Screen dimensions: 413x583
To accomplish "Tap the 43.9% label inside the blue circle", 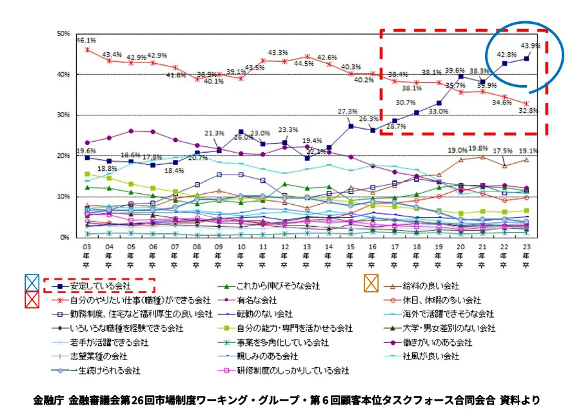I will point(529,46).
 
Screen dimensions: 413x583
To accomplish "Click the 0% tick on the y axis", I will point(64,238).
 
